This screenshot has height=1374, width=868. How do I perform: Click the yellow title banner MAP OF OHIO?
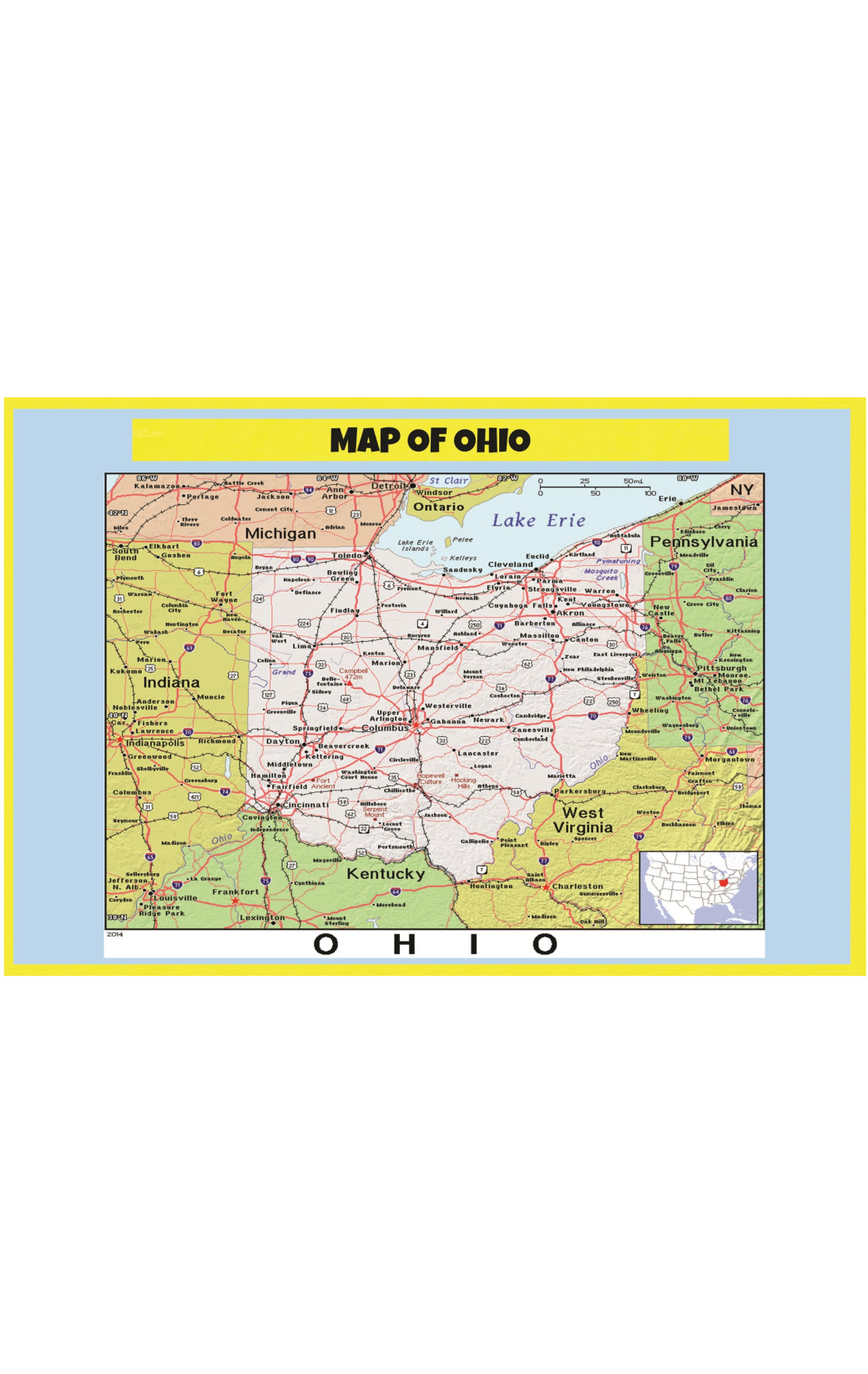click(430, 440)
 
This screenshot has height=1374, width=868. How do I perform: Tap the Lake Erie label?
click(538, 520)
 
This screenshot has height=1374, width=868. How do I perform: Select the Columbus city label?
click(385, 728)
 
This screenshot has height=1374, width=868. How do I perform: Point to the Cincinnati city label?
click(305, 805)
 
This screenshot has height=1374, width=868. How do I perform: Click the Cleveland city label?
click(510, 564)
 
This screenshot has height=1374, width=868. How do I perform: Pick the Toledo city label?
click(347, 555)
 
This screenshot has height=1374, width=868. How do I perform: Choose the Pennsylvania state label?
click(704, 542)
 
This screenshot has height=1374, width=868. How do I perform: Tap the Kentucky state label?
click(386, 874)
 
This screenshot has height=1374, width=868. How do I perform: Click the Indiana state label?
click(171, 682)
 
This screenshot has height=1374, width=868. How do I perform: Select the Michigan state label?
click(280, 533)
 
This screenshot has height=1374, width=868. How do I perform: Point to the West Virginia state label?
click(583, 820)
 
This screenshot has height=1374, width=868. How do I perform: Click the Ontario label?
click(438, 507)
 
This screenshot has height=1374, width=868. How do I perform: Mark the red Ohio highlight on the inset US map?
click(723, 880)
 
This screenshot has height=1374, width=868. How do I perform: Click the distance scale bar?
click(594, 487)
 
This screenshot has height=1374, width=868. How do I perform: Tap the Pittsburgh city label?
click(722, 668)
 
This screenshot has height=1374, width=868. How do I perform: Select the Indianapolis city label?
click(155, 743)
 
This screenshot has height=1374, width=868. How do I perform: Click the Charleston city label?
click(578, 887)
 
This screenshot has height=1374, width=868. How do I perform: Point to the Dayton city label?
click(283, 741)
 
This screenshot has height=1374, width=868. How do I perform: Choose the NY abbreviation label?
click(741, 489)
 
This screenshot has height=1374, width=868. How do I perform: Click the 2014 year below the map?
click(114, 934)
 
